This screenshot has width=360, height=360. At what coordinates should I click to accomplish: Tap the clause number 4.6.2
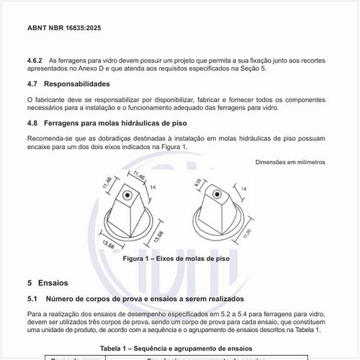coord(35,60)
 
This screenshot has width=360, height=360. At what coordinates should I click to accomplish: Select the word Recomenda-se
coord(52,138)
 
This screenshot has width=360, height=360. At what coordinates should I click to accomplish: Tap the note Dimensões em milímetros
coord(289,162)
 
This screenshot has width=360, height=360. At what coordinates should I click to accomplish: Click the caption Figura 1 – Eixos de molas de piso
coord(176,258)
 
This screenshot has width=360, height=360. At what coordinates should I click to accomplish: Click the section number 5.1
coord(32,298)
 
